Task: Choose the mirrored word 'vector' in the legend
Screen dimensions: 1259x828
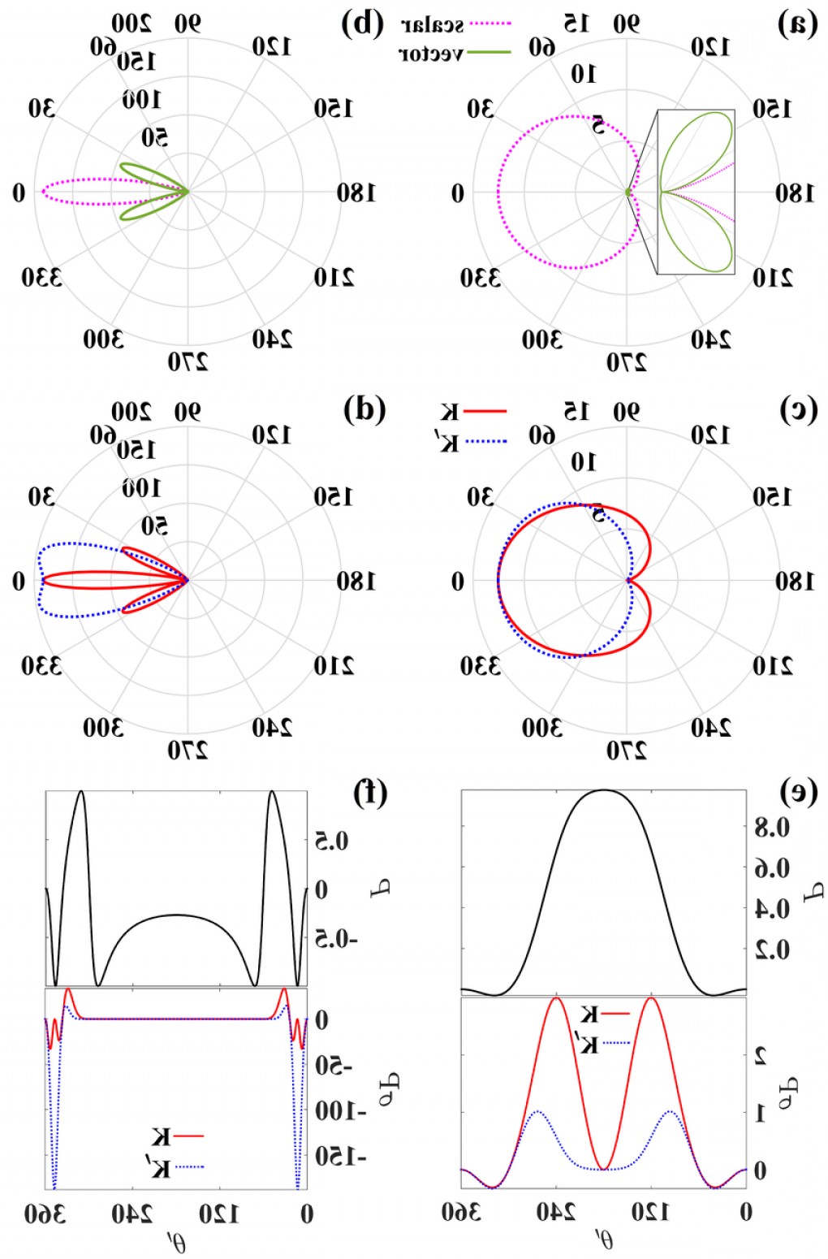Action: pos(432,54)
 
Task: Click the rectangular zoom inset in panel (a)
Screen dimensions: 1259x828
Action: pos(696,192)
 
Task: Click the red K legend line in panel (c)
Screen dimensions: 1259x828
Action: pos(485,412)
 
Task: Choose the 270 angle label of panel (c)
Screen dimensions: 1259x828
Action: pos(626,751)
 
